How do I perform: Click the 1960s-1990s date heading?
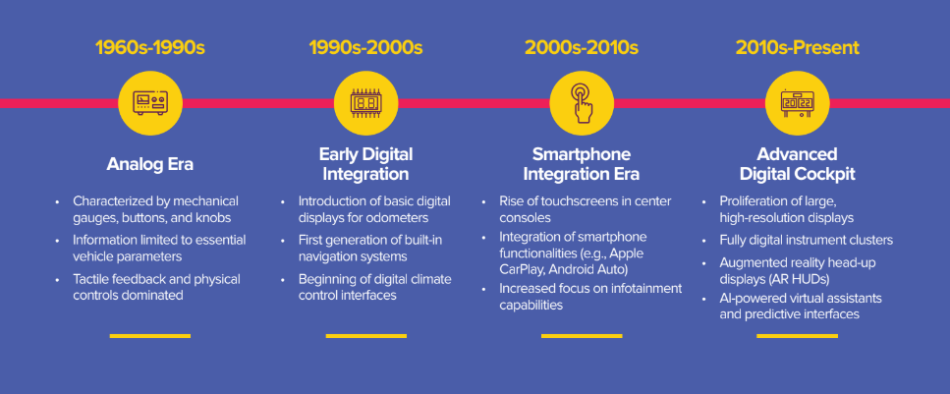[x=149, y=48]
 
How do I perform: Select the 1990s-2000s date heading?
[x=365, y=48]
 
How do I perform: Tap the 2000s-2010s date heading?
[x=582, y=48]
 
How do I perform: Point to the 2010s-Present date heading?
[x=798, y=48]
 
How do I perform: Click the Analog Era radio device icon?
[x=149, y=103]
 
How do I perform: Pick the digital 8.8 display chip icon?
[x=365, y=103]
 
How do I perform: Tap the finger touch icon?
[x=582, y=103]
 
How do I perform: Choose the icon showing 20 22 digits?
[x=798, y=103]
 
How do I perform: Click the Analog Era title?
[x=149, y=164]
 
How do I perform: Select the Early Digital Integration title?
[x=365, y=164]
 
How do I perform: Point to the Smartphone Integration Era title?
[x=582, y=164]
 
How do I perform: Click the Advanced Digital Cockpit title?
[x=798, y=164]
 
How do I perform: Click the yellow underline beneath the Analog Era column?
[x=149, y=336]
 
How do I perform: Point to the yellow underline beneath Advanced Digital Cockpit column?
[x=798, y=336]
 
